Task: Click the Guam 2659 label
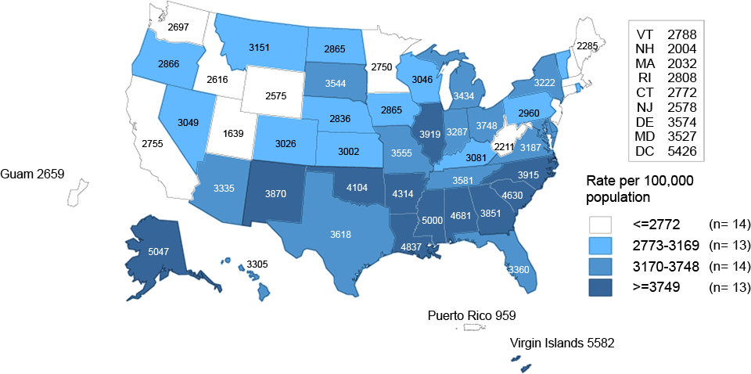[32, 173]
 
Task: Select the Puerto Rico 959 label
[472, 316]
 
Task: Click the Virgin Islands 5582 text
[559, 342]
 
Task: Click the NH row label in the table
[645, 49]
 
